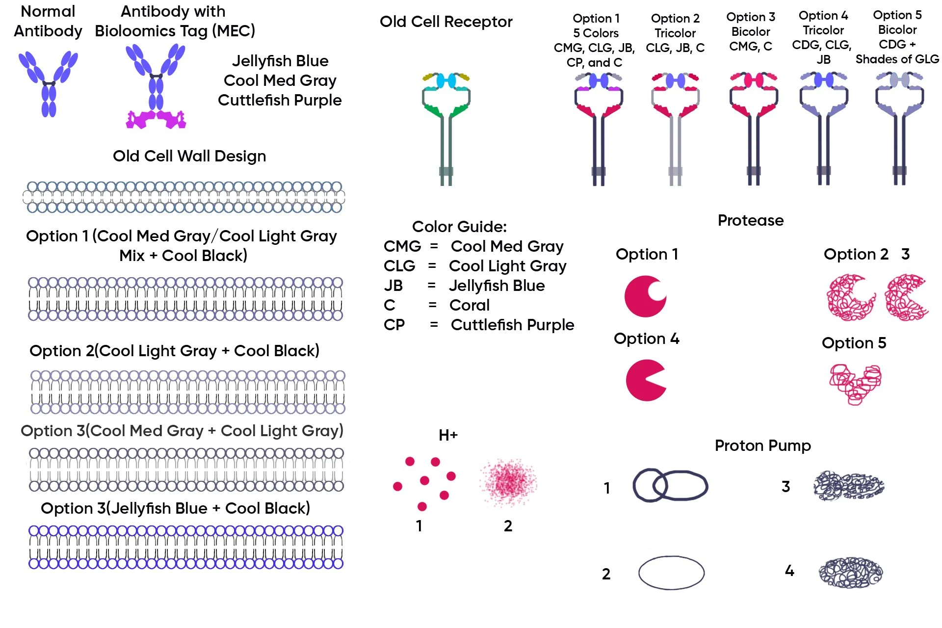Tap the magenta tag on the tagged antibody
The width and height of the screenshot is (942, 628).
click(156, 119)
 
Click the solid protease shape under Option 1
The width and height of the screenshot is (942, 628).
click(645, 296)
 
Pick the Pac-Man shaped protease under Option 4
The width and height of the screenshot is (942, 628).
click(645, 380)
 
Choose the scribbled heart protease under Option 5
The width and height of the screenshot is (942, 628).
click(855, 384)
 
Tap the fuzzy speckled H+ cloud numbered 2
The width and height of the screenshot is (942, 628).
click(509, 482)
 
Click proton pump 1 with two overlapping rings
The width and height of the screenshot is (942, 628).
click(670, 486)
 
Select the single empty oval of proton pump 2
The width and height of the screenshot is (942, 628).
click(671, 573)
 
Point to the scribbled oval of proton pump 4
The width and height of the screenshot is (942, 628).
click(850, 573)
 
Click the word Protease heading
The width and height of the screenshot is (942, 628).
click(750, 220)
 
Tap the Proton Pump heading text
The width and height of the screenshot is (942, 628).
click(762, 445)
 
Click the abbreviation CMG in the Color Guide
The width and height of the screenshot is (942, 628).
click(402, 246)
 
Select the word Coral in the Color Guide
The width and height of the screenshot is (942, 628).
click(470, 305)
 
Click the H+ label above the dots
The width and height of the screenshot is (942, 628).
click(448, 435)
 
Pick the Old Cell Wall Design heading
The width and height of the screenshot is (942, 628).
click(189, 156)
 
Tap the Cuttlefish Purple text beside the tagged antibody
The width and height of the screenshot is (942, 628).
click(280, 100)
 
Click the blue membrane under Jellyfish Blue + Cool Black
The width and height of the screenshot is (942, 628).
click(186, 547)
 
